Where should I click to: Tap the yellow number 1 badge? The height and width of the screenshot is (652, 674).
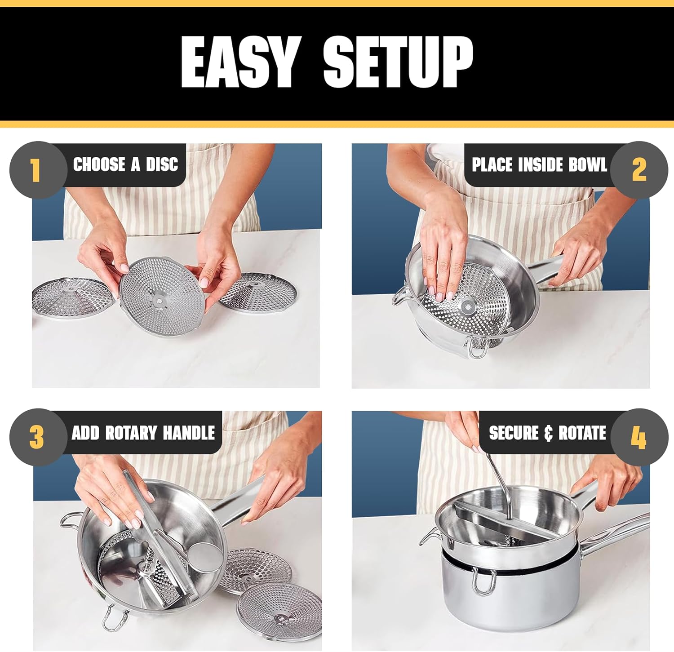pyautogui.click(x=35, y=170)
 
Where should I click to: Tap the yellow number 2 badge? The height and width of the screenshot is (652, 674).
pyautogui.click(x=639, y=170)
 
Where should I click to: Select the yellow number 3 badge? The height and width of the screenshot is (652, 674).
pyautogui.click(x=36, y=437)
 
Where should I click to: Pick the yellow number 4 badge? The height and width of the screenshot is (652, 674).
pyautogui.click(x=638, y=437)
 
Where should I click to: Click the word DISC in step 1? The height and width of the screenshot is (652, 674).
pyautogui.click(x=162, y=164)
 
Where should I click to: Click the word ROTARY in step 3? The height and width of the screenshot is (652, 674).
pyautogui.click(x=131, y=433)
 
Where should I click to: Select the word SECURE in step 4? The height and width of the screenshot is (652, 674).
pyautogui.click(x=514, y=433)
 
